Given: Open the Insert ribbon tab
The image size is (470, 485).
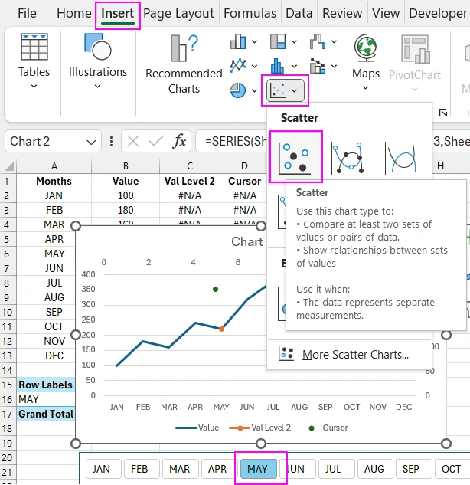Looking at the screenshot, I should coord(118,13).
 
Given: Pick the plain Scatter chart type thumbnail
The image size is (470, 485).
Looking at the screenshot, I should coord(295,156).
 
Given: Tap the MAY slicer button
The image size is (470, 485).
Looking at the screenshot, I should coord(258,469).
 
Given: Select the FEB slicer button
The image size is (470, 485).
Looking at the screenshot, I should coord(140,469).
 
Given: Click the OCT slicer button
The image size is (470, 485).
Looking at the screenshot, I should coord(452,469).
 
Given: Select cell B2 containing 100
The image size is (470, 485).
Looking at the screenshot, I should coord(125,195).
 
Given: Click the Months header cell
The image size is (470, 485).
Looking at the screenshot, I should coord(54,181).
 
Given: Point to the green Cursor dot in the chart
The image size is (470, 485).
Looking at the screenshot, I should coord(216,289).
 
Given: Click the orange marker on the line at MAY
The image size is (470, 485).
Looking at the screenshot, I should coord(221,329).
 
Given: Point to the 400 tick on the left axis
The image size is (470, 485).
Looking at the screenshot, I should coord(88,274).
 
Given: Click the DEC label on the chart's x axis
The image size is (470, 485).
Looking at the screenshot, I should coord(404,407).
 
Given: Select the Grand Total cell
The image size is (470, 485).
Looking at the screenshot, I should coord(46,414).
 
